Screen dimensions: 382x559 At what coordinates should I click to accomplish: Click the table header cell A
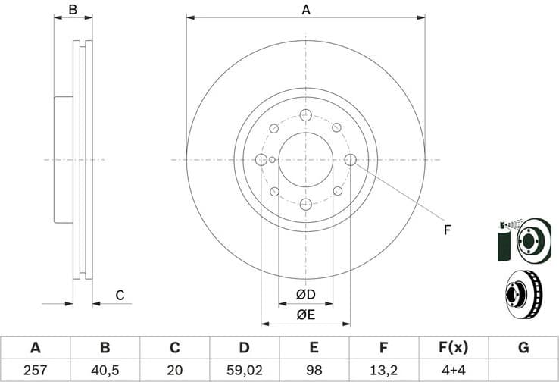[x=35, y=348]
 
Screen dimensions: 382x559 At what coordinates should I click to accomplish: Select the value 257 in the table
[x=35, y=371]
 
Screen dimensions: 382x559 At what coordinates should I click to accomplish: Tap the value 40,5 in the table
[x=105, y=371]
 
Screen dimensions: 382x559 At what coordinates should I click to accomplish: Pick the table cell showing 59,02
[x=244, y=371]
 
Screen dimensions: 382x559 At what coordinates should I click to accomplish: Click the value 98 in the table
[x=314, y=371]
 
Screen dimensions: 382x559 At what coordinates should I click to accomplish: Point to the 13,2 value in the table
[x=383, y=371]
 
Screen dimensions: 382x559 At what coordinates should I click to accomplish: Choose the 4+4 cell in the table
[x=453, y=371]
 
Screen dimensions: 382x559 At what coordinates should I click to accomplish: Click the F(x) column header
[x=453, y=348]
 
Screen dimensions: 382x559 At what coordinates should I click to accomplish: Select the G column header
[x=523, y=348]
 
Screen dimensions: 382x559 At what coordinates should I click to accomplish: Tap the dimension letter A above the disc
[x=306, y=10]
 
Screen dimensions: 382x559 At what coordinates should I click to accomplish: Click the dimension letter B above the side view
[x=73, y=10]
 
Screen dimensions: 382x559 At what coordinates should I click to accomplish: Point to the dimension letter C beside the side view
[x=119, y=295]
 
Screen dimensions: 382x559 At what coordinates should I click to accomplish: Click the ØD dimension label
[x=305, y=294]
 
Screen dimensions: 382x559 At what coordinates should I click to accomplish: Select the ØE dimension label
[x=305, y=315]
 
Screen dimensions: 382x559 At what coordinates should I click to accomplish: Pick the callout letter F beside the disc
[x=447, y=230]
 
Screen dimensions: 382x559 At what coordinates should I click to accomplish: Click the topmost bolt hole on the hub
[x=305, y=115]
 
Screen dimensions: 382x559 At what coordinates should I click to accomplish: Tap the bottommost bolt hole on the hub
[x=305, y=204]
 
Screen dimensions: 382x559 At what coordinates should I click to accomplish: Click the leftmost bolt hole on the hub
[x=261, y=159]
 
